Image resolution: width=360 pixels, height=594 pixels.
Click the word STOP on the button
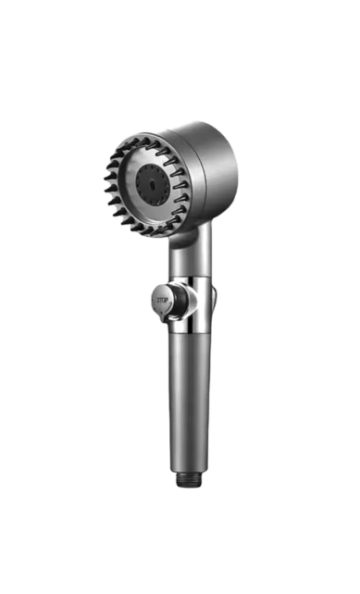point(162,300)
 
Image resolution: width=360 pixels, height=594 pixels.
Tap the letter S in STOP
point(158,300)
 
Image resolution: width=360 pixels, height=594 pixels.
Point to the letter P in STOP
point(167,301)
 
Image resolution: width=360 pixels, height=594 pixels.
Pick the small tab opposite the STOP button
point(215,296)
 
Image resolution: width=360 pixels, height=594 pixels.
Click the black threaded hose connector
point(190,479)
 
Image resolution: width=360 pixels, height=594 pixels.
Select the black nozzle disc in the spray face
point(154,185)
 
